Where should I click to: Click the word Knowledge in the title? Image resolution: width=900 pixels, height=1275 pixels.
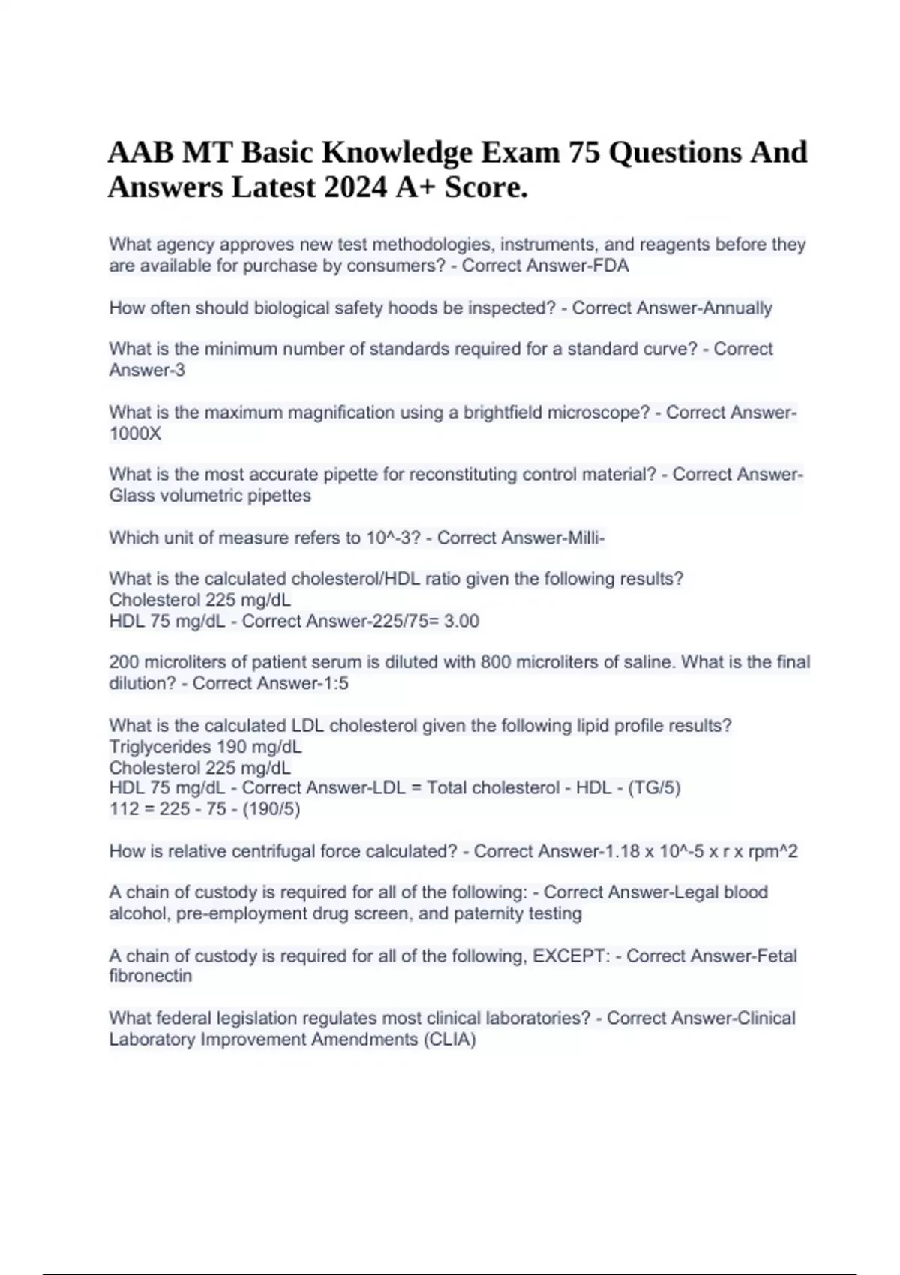point(397,152)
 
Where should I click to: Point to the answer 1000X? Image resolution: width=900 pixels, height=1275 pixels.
point(135,433)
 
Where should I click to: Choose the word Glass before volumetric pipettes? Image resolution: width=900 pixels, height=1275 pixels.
point(130,496)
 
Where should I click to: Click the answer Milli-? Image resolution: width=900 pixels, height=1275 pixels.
point(585,538)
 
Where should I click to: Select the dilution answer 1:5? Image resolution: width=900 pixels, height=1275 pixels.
point(333,683)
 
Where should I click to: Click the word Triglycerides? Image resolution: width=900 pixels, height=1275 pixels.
point(160,747)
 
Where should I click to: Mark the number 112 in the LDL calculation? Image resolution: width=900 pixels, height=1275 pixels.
point(124,808)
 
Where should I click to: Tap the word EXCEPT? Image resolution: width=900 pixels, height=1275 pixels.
point(571,955)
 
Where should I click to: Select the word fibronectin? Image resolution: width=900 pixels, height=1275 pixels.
point(150,976)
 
